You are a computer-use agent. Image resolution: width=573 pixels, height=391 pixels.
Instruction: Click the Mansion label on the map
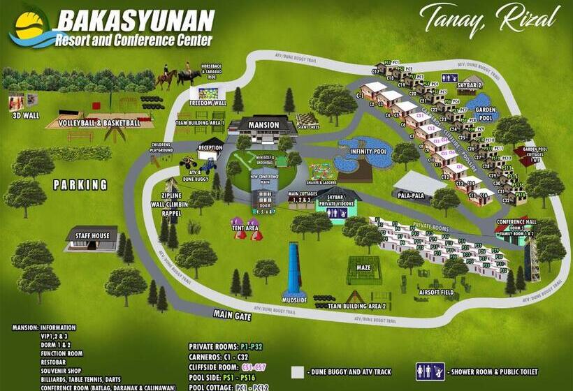[263, 125]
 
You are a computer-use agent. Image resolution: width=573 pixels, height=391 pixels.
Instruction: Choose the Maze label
[364, 267]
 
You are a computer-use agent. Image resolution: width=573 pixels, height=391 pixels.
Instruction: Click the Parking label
[81, 185]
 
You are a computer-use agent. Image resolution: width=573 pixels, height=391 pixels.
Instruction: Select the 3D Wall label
[26, 115]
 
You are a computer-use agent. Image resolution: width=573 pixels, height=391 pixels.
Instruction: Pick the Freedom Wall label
[208, 103]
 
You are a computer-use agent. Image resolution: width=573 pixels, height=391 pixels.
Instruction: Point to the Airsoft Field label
[437, 292]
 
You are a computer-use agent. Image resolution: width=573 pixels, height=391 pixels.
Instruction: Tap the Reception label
[210, 148]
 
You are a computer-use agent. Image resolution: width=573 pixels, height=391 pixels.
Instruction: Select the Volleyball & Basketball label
[99, 123]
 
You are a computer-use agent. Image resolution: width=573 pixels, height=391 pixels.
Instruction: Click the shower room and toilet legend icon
[430, 371]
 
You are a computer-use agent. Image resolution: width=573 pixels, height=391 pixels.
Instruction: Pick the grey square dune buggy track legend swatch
[298, 372]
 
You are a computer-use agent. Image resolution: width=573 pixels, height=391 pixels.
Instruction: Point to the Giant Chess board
[307, 121]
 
